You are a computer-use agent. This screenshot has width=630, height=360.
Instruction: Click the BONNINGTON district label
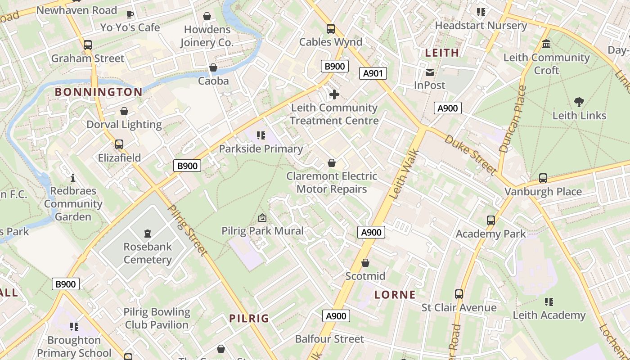click(99, 92)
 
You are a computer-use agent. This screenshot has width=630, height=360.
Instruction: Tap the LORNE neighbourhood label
click(395, 295)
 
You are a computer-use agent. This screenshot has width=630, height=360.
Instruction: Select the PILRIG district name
click(249, 319)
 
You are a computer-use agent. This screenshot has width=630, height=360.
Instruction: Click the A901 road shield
click(373, 73)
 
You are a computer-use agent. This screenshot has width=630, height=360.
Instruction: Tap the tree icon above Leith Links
click(579, 102)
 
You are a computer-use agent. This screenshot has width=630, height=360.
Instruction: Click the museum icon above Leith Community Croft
click(547, 44)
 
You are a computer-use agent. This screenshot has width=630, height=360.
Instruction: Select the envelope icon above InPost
click(430, 72)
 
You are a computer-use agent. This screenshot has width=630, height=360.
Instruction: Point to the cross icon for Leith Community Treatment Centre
click(334, 94)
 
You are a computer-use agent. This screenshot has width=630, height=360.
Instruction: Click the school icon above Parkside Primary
click(261, 135)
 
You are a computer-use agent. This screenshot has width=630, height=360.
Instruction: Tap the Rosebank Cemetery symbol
click(147, 234)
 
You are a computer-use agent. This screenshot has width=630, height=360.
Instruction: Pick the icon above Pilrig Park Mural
click(262, 218)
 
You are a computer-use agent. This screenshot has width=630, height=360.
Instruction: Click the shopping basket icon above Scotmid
click(365, 263)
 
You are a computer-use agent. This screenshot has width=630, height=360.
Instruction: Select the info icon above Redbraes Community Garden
click(73, 178)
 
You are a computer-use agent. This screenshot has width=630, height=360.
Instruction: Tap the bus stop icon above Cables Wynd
click(331, 29)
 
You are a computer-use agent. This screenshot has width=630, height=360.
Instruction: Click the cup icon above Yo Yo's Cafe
click(130, 14)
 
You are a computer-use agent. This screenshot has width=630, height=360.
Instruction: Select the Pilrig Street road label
click(188, 230)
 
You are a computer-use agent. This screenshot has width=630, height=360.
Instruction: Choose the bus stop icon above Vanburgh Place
click(543, 178)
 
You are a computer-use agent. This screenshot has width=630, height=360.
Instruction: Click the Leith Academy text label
click(549, 315)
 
